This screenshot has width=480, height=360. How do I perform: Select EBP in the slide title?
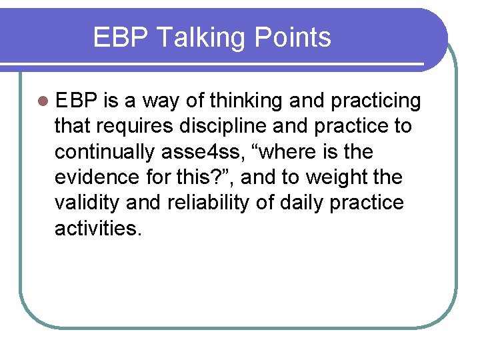click(x=119, y=37)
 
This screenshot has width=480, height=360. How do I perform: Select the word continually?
click(x=105, y=152)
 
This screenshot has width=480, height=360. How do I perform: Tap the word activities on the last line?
click(x=98, y=228)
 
